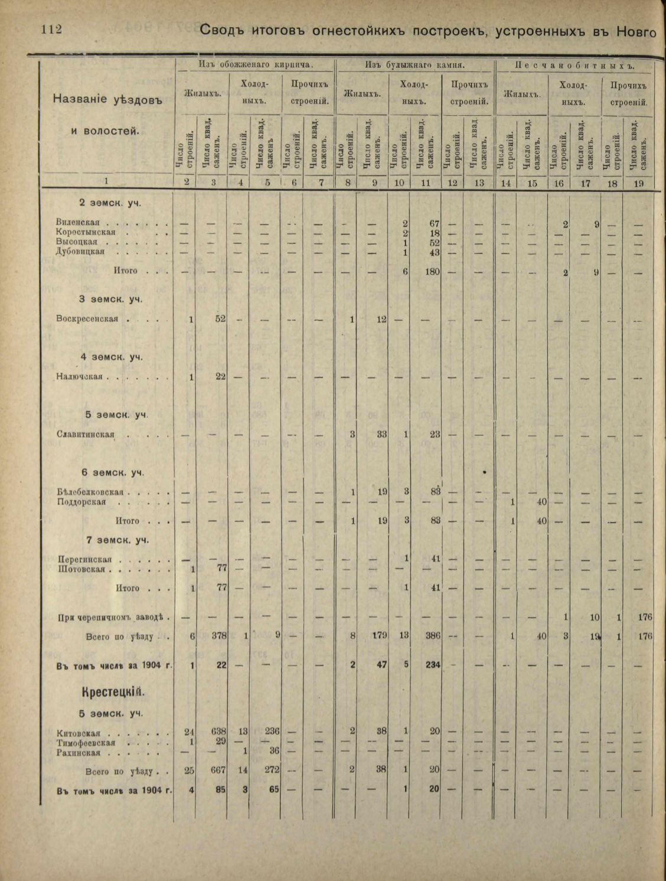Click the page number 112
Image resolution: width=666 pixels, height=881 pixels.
(51, 29)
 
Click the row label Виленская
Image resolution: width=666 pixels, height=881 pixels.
(78, 223)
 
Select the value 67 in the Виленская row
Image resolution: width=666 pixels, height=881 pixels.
(433, 223)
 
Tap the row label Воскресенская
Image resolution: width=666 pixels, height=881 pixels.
(87, 319)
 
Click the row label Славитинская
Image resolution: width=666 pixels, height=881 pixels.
(85, 435)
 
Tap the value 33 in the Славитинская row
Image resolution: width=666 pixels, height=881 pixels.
(381, 435)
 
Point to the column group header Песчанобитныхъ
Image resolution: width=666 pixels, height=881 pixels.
(574, 65)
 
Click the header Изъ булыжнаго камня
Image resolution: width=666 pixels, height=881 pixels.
(414, 65)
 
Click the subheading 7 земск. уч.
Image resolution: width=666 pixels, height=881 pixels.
(117, 540)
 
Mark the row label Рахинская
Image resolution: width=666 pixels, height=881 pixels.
(79, 753)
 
